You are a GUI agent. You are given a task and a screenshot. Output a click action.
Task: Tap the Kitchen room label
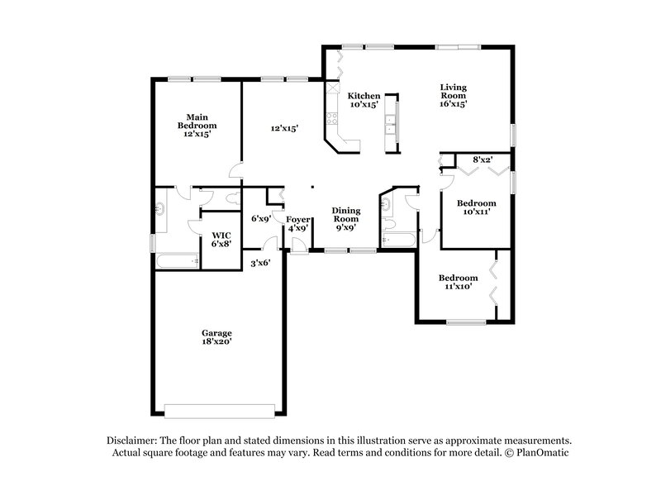pyautogui.click(x=363, y=100)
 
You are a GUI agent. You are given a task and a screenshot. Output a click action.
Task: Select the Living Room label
pyautogui.click(x=454, y=96)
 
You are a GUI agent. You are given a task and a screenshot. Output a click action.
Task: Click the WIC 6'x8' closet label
pyautogui.click(x=221, y=240)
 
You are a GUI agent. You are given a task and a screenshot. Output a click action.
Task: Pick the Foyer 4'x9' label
pyautogui.click(x=297, y=223)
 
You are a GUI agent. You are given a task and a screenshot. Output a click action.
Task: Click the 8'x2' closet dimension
pyautogui.click(x=483, y=159)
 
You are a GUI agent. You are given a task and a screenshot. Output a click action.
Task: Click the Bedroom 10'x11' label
pyautogui.click(x=477, y=207)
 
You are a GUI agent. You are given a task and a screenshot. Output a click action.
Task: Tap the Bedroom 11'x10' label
pyautogui.click(x=458, y=282)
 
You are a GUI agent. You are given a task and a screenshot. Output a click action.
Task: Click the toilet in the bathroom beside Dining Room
pyautogui.click(x=388, y=223)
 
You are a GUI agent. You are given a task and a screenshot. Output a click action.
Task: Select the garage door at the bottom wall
pyautogui.click(x=219, y=410)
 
